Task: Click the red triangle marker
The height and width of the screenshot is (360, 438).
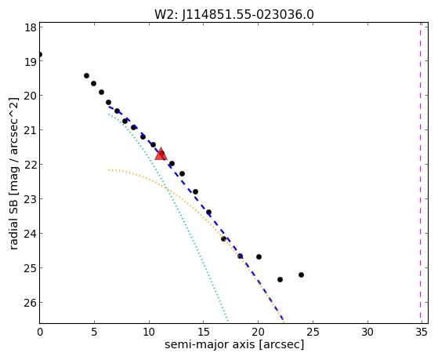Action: (x=161, y=155)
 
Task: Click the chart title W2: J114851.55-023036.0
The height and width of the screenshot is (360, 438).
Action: (x=234, y=15)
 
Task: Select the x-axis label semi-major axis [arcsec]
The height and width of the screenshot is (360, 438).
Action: (x=234, y=344)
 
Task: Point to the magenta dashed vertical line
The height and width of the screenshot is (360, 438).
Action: (x=420, y=173)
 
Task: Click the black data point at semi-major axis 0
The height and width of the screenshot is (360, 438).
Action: (x=40, y=54)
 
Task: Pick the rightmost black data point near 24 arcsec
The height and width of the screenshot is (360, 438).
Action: (x=301, y=275)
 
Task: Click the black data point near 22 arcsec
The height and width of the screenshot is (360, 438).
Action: (x=280, y=279)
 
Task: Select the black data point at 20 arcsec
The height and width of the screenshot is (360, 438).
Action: (x=259, y=256)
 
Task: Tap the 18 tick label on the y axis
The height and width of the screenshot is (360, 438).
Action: (x=31, y=27)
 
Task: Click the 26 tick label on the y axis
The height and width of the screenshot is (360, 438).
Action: (x=31, y=303)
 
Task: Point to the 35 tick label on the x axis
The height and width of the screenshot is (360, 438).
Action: (x=422, y=332)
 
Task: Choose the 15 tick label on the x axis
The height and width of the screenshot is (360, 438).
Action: (x=204, y=332)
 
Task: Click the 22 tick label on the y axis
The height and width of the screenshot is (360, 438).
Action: (x=31, y=165)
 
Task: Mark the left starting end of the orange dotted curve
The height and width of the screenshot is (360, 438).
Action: (x=109, y=169)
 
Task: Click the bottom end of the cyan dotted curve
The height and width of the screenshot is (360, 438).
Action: (x=228, y=321)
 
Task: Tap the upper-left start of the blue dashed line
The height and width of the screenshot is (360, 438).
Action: (x=109, y=107)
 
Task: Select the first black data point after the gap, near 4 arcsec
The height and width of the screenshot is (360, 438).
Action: (x=87, y=76)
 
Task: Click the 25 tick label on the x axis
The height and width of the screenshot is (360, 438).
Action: (x=313, y=332)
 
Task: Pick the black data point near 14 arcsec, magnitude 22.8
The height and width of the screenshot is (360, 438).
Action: (x=196, y=192)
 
